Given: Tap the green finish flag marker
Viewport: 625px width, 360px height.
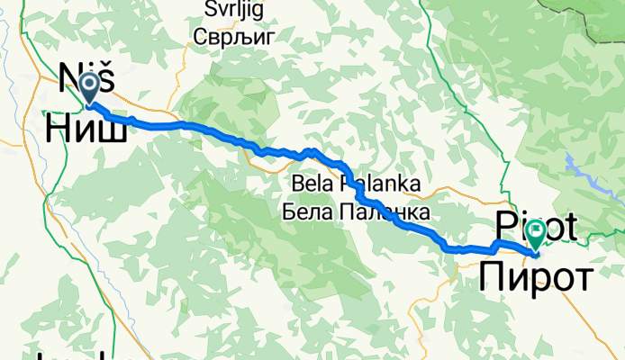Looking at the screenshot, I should click(x=537, y=234).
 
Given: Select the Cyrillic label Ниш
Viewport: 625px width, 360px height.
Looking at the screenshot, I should click(x=86, y=131).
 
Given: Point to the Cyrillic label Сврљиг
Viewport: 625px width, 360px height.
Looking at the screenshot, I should click(x=232, y=37).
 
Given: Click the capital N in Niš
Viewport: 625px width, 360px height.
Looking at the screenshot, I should click(x=68, y=79).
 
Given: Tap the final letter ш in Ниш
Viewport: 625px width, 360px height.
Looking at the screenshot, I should click(x=112, y=131).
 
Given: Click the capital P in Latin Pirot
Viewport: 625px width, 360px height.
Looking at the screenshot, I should click(x=502, y=228).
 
